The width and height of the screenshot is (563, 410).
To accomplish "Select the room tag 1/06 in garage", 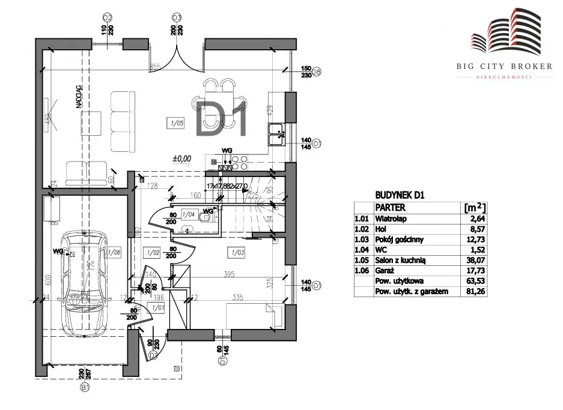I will point(114,253).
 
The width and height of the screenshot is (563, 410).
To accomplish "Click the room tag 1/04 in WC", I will point(189,214).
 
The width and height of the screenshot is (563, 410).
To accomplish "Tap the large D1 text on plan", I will point(224,118).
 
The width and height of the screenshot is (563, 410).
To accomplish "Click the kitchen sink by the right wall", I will point(278,133).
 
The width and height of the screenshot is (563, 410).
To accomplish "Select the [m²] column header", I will point(475,207).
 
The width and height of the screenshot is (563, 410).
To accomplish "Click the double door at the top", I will point(177,53).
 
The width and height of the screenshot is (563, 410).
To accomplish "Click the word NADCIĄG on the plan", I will point(79,96).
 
